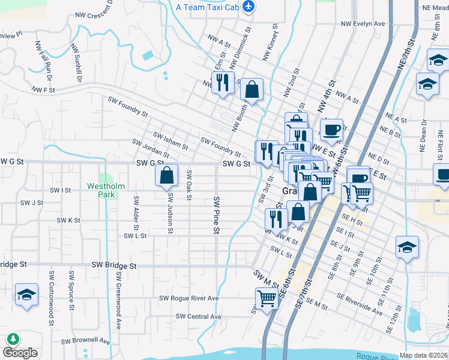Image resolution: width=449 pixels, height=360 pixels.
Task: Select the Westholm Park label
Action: click(x=106, y=190)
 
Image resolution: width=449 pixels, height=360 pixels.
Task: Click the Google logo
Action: click(x=20, y=353)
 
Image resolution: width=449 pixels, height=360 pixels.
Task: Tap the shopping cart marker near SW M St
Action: click(x=267, y=298)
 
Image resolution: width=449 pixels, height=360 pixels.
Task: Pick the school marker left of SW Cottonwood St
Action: click(x=26, y=295)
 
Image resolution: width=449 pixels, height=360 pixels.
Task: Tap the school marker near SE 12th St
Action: click(x=407, y=247)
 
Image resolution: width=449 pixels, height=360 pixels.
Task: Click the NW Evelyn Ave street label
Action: click(x=363, y=23)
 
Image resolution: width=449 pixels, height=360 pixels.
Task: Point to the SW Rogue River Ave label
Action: click(x=188, y=298)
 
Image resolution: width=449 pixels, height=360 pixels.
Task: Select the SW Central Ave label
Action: click(x=199, y=316)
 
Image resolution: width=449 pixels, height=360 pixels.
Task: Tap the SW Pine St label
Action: click(x=216, y=214)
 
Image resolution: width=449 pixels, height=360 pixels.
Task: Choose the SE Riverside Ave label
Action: click(x=360, y=304)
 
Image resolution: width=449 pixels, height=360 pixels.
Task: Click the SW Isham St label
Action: click(x=171, y=141)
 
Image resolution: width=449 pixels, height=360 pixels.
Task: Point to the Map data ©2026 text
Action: click(x=423, y=355)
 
